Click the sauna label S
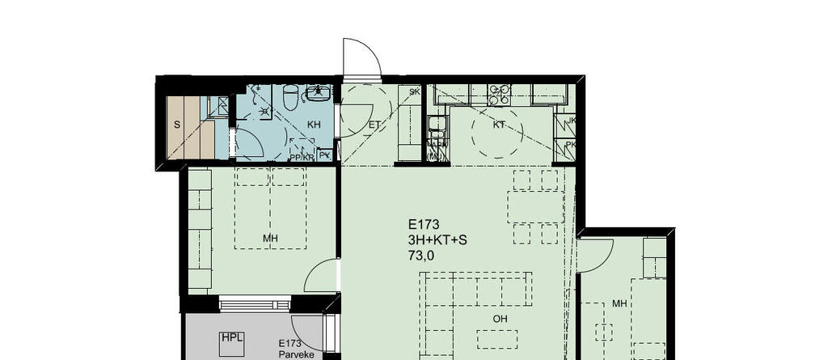pyautogui.click(x=176, y=125)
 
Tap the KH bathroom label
pyautogui.click(x=315, y=125)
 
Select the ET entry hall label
pyautogui.click(x=374, y=125)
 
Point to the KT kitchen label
pyautogui.click(x=500, y=125)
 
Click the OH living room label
pyautogui.click(x=501, y=319)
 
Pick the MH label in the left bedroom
pyautogui.click(x=271, y=238)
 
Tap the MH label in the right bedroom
pyautogui.click(x=620, y=303)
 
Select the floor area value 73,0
pyautogui.click(x=420, y=256)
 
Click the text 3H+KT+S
pyautogui.click(x=437, y=240)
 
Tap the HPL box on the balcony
pyautogui.click(x=232, y=339)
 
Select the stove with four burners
pyautogui.click(x=498, y=94)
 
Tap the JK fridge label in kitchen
pyautogui.click(x=572, y=121)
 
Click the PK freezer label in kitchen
pyautogui.click(x=572, y=145)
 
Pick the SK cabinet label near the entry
pyautogui.click(x=414, y=91)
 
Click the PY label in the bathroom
pyautogui.click(x=324, y=155)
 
